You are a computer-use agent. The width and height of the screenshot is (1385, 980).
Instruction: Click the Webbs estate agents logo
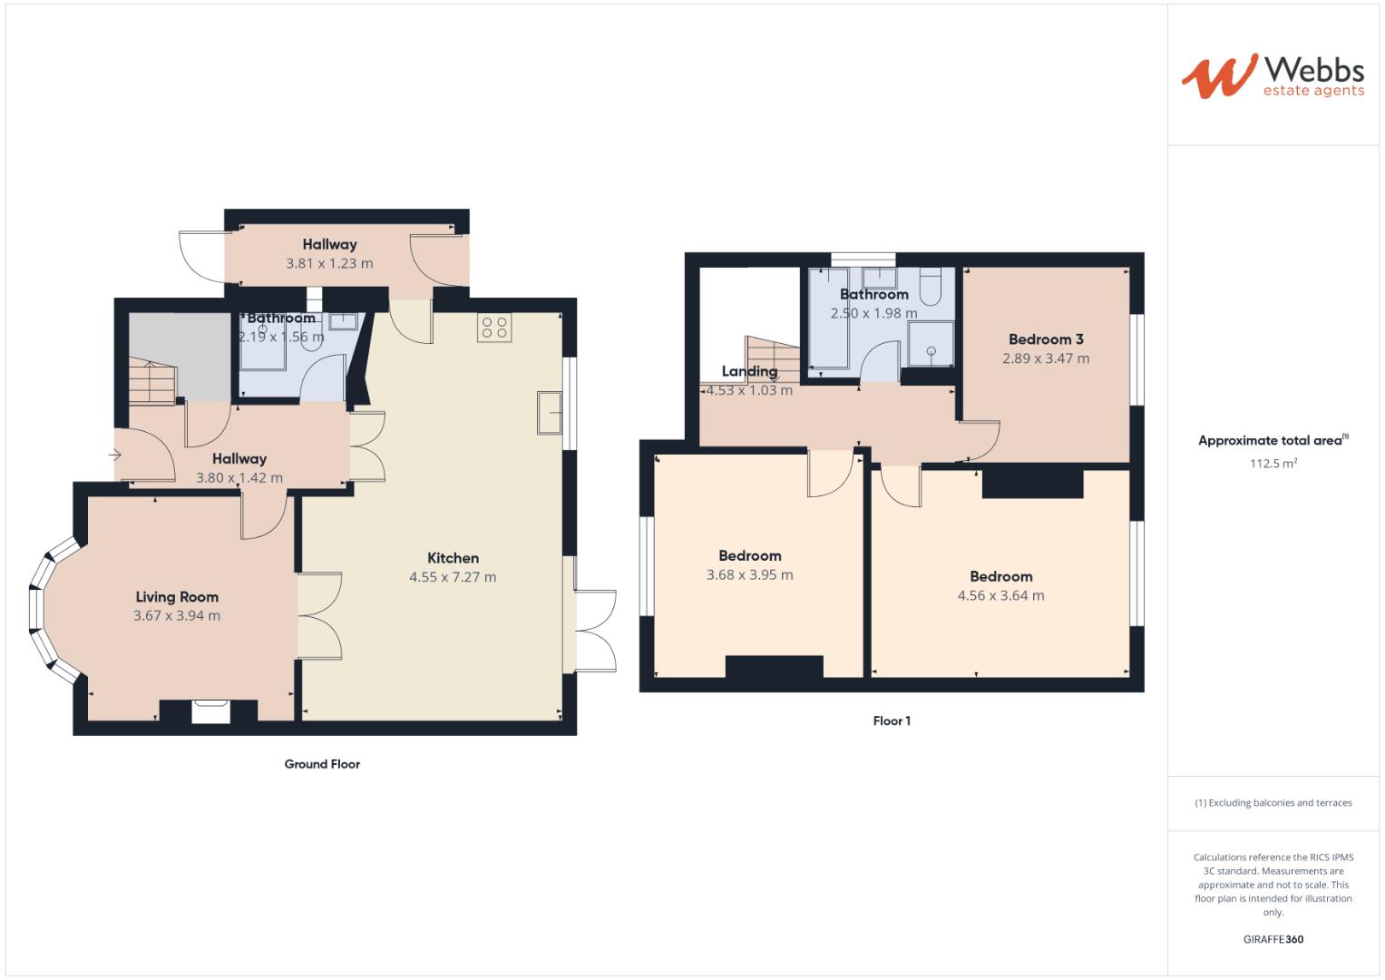click(x=1272, y=76)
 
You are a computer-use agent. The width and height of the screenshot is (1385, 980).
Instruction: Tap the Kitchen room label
click(x=453, y=558)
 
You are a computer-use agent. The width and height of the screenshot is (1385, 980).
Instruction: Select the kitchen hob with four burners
click(x=495, y=328)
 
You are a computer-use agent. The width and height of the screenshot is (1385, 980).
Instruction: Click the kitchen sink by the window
click(x=551, y=413)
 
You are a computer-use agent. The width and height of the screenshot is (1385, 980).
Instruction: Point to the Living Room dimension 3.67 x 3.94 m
click(x=177, y=616)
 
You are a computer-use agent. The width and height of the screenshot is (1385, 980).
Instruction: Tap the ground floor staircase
click(x=151, y=382)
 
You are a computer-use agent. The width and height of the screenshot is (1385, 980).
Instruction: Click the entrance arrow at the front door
click(x=116, y=455)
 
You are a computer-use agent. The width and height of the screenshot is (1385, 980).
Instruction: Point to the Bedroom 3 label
click(x=1046, y=339)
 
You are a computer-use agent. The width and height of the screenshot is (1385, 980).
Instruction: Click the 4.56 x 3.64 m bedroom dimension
click(x=1000, y=596)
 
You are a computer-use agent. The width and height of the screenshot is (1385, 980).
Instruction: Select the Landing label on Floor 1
click(x=749, y=371)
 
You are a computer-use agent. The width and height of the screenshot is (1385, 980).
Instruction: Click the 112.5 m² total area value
click(x=1273, y=464)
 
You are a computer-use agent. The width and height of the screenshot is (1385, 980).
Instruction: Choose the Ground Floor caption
click(x=322, y=764)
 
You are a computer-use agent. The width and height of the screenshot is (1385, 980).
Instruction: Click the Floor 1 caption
click(x=892, y=721)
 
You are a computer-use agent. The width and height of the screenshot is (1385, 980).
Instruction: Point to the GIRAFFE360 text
click(x=1273, y=939)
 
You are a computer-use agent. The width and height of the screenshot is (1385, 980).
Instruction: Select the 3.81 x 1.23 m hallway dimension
click(x=329, y=264)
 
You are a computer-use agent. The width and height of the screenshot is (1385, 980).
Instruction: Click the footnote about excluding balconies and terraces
click(x=1273, y=803)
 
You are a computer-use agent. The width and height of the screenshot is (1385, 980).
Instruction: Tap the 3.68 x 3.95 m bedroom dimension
click(x=749, y=575)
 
